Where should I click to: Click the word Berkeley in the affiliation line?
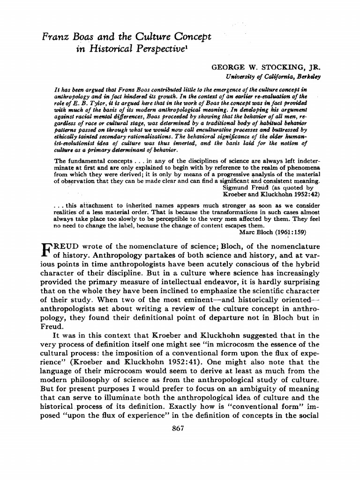coord(307,76)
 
